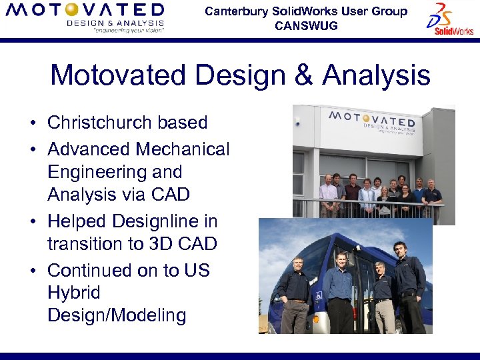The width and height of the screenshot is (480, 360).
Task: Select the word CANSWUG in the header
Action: click(306, 26)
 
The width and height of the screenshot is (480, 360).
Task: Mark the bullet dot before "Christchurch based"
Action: click(32, 123)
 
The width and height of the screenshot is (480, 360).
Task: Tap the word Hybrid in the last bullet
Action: click(73, 293)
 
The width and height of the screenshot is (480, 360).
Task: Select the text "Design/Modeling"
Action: click(117, 315)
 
